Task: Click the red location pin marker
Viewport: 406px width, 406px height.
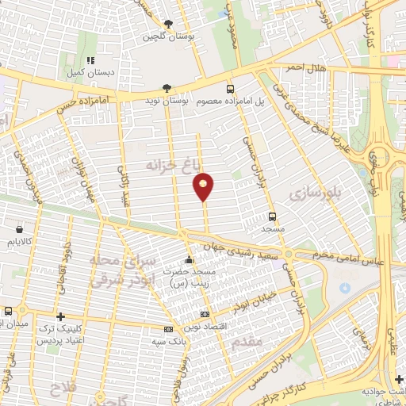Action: tap(204, 186)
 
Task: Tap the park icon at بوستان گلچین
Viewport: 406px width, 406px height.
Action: tap(168, 24)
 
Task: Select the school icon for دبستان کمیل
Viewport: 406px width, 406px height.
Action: tap(90, 60)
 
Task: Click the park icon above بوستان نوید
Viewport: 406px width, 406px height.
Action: tap(166, 88)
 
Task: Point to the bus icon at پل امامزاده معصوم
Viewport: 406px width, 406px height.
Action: tap(231, 89)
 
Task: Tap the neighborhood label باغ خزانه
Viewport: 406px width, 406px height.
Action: tap(169, 166)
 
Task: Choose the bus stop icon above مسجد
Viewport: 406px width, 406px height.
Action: tap(273, 216)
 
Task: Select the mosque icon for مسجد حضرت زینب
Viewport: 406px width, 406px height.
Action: tap(189, 260)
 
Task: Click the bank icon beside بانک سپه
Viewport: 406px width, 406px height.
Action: tap(168, 329)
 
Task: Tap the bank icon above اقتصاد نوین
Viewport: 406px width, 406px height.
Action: tap(205, 315)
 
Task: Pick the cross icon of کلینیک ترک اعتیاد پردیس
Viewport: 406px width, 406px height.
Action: tap(60, 315)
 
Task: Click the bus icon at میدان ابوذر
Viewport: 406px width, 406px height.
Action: tap(7, 312)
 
